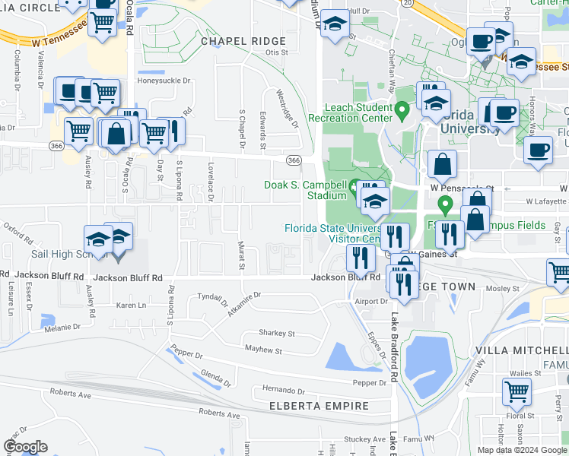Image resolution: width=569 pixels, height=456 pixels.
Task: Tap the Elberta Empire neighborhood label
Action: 319,406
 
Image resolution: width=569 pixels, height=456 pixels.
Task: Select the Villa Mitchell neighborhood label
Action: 521,350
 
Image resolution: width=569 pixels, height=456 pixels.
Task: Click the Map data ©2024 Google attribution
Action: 522,450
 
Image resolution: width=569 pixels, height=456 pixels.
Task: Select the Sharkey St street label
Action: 276,333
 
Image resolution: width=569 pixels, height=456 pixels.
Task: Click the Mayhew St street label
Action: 263,351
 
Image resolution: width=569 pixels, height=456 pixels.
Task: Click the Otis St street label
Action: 277,52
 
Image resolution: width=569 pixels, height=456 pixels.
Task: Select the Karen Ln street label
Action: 131,305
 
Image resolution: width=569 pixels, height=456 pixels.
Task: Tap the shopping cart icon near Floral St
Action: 517,391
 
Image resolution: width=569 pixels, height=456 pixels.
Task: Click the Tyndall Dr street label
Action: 214,296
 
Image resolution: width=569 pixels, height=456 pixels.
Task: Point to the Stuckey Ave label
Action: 364,439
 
